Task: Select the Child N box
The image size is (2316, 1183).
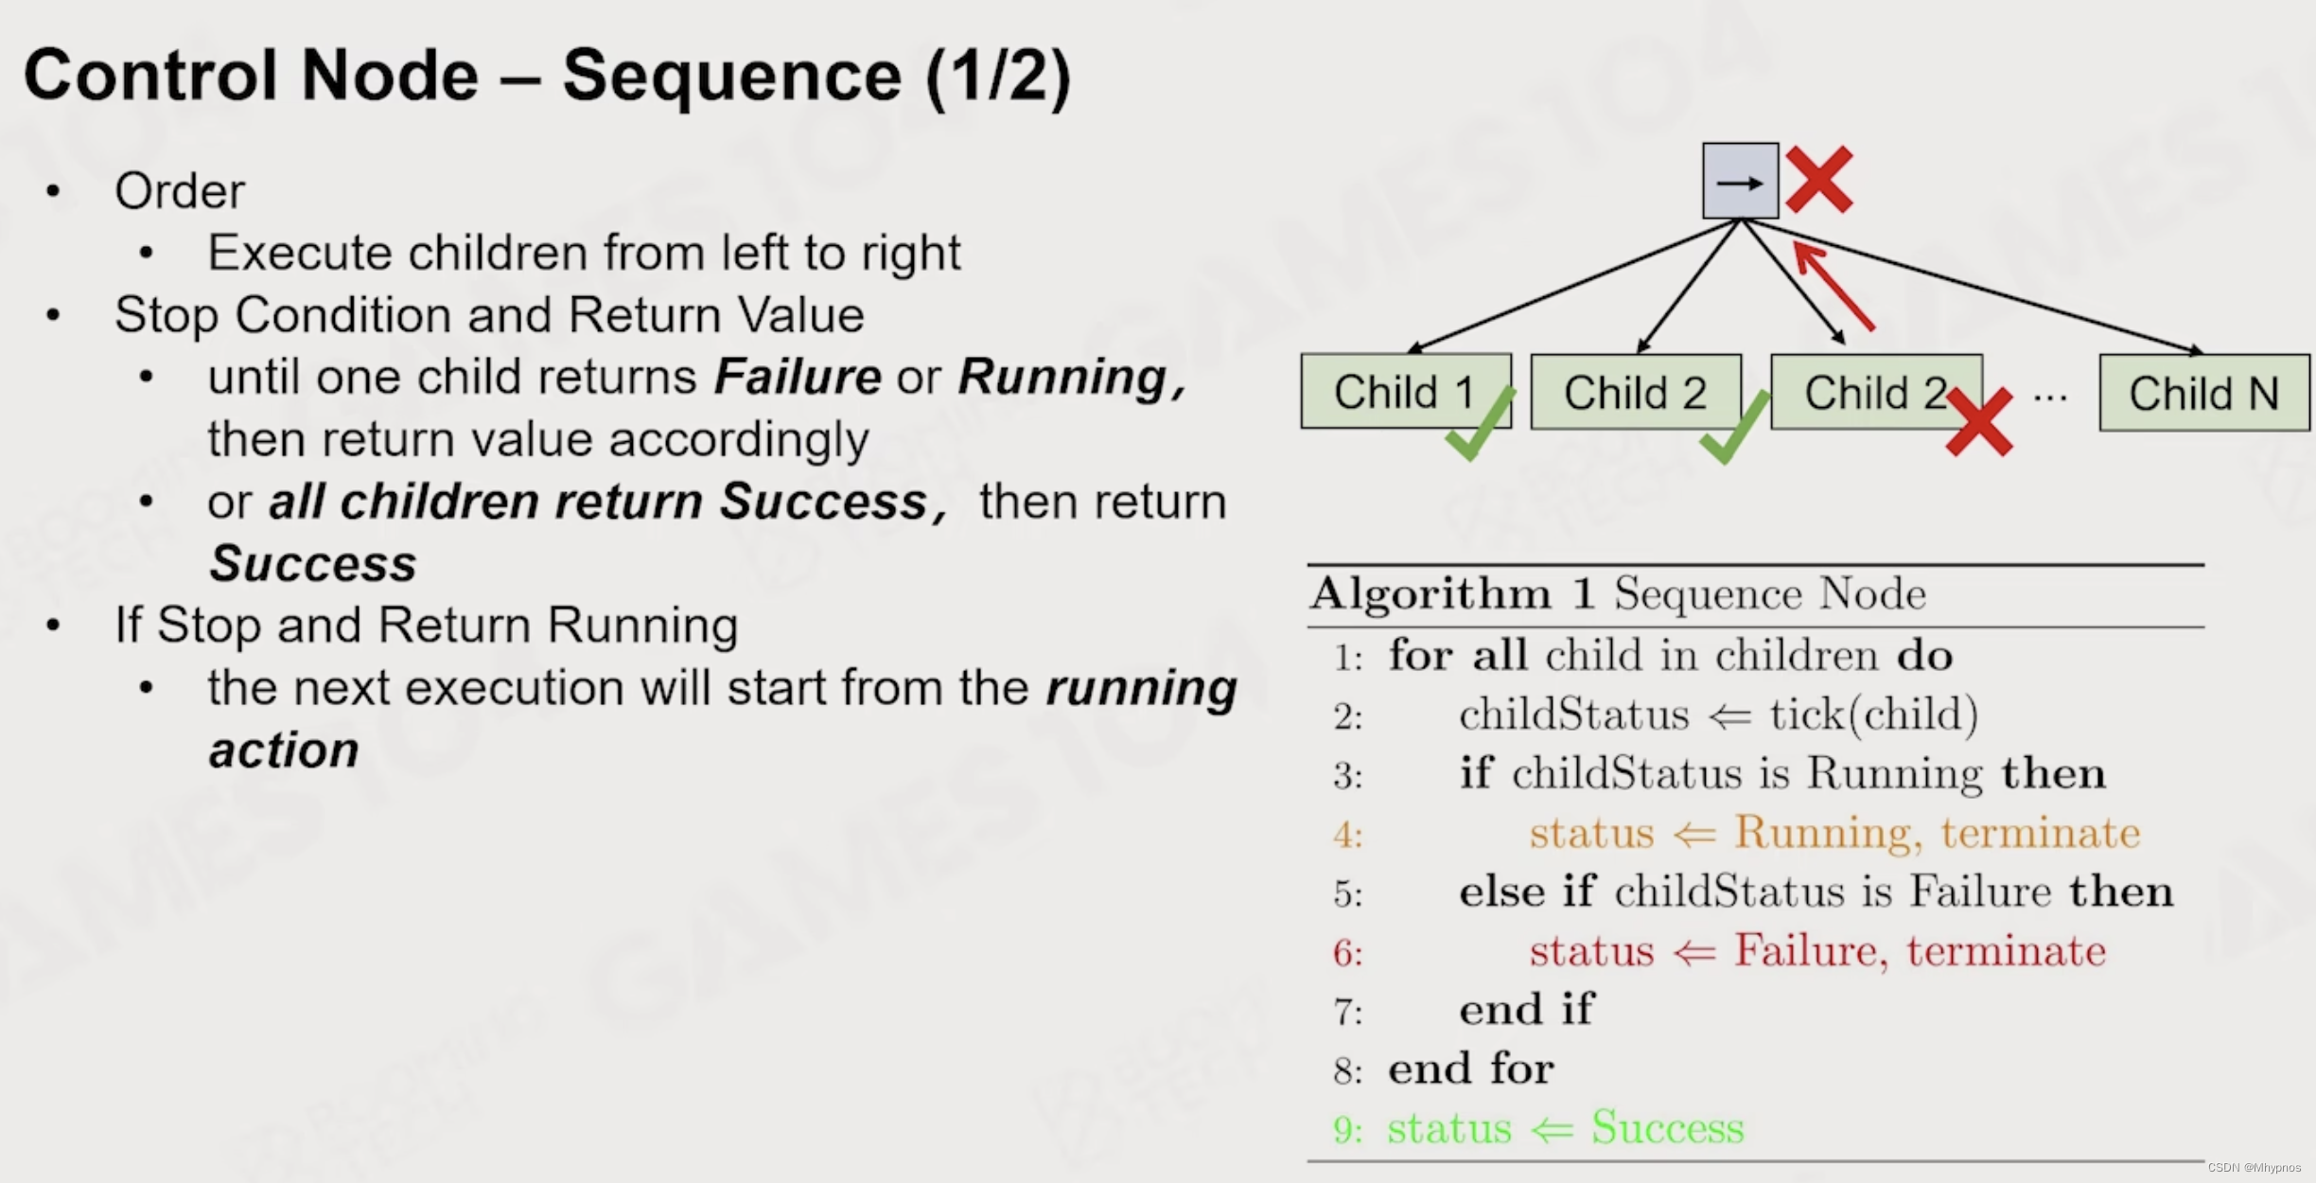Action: tap(2203, 394)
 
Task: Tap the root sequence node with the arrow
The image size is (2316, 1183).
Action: tap(1740, 181)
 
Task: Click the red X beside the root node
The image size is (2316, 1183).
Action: tap(1819, 179)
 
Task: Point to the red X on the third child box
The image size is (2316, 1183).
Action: tap(1979, 423)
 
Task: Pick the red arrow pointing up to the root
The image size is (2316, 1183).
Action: tap(1833, 286)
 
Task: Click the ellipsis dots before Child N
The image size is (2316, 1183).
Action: tap(2049, 397)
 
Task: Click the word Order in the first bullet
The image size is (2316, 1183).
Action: tap(180, 191)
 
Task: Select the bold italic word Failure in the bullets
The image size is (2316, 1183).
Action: tap(798, 377)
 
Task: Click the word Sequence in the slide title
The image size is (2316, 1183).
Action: tap(731, 76)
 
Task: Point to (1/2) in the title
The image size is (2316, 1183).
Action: tap(998, 76)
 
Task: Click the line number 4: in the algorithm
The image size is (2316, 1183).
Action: tap(1347, 835)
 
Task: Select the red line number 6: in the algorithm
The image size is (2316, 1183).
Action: tap(1347, 953)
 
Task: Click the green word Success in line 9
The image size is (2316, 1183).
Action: tap(1667, 1127)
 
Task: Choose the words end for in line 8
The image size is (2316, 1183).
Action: tap(1470, 1068)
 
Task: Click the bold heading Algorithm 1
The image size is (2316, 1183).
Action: tap(1452, 593)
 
